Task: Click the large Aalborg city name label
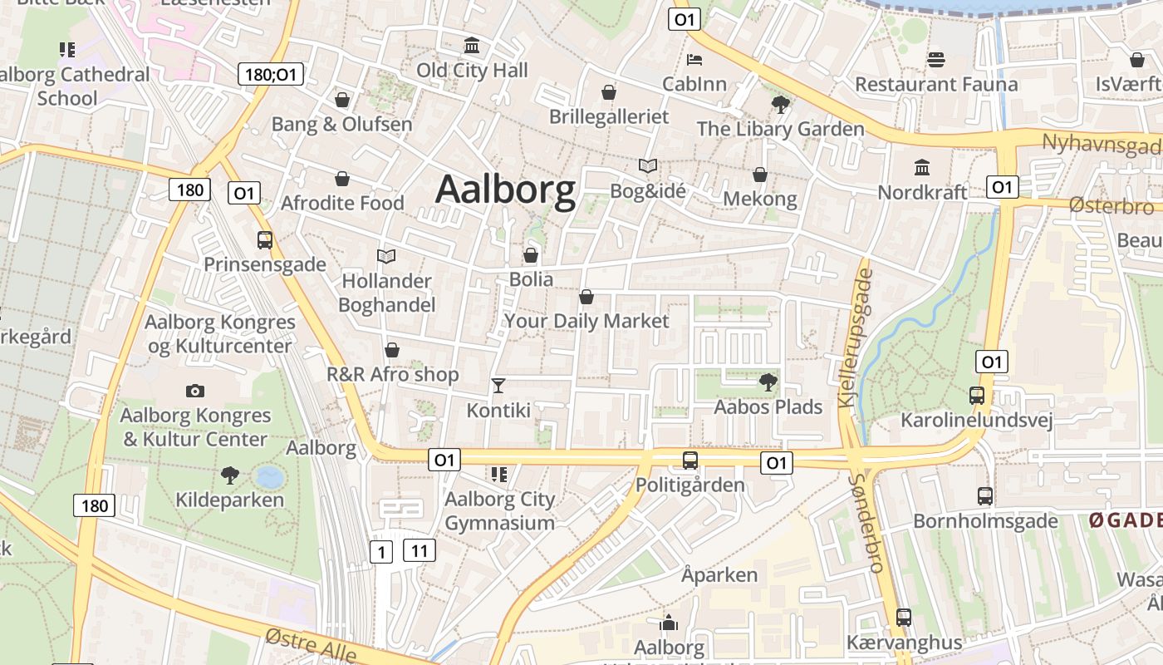tap(505, 190)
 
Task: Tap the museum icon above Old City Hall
tap(472, 45)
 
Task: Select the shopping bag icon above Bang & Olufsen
tap(342, 100)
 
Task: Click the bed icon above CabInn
tap(694, 59)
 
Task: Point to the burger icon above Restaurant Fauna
tap(936, 59)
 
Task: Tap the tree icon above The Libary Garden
tap(780, 104)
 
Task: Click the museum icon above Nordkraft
tap(922, 167)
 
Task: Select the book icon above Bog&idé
tap(648, 165)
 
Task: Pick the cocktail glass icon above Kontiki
tap(498, 385)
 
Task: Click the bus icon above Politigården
tap(690, 460)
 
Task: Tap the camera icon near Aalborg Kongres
tap(195, 391)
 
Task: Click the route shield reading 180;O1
tap(271, 74)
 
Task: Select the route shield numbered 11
tap(420, 549)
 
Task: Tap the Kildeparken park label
tap(229, 500)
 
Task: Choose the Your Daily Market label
tap(586, 321)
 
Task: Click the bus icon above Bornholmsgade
tap(985, 496)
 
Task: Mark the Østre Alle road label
tap(312, 647)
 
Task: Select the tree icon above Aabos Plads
tap(768, 382)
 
